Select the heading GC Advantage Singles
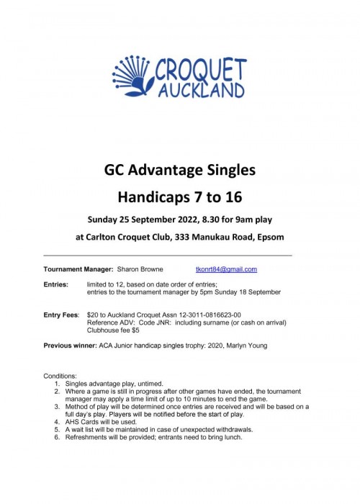[180, 171]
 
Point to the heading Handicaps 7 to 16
[180, 196]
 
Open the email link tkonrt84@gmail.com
[226, 269]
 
